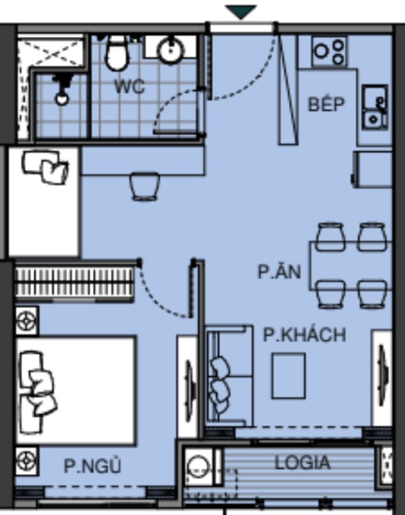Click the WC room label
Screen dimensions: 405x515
click(x=130, y=87)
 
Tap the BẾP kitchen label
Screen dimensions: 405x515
click(x=326, y=104)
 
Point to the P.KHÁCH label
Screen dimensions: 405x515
click(x=305, y=335)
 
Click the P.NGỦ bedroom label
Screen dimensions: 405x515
click(x=93, y=465)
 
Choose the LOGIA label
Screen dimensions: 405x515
click(x=302, y=463)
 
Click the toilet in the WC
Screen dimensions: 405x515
click(x=116, y=52)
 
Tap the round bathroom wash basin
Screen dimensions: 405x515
click(x=170, y=50)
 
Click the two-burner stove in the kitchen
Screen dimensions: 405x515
click(x=329, y=52)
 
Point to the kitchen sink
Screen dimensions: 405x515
click(x=375, y=107)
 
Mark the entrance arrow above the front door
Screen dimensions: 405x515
click(x=241, y=12)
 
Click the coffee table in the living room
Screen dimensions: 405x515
click(x=289, y=376)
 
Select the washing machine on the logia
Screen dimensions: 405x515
click(x=198, y=467)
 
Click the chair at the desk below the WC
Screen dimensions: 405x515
click(x=145, y=186)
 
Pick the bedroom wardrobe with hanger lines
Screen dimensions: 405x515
click(x=74, y=282)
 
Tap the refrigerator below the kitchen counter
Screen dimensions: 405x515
click(x=372, y=169)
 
